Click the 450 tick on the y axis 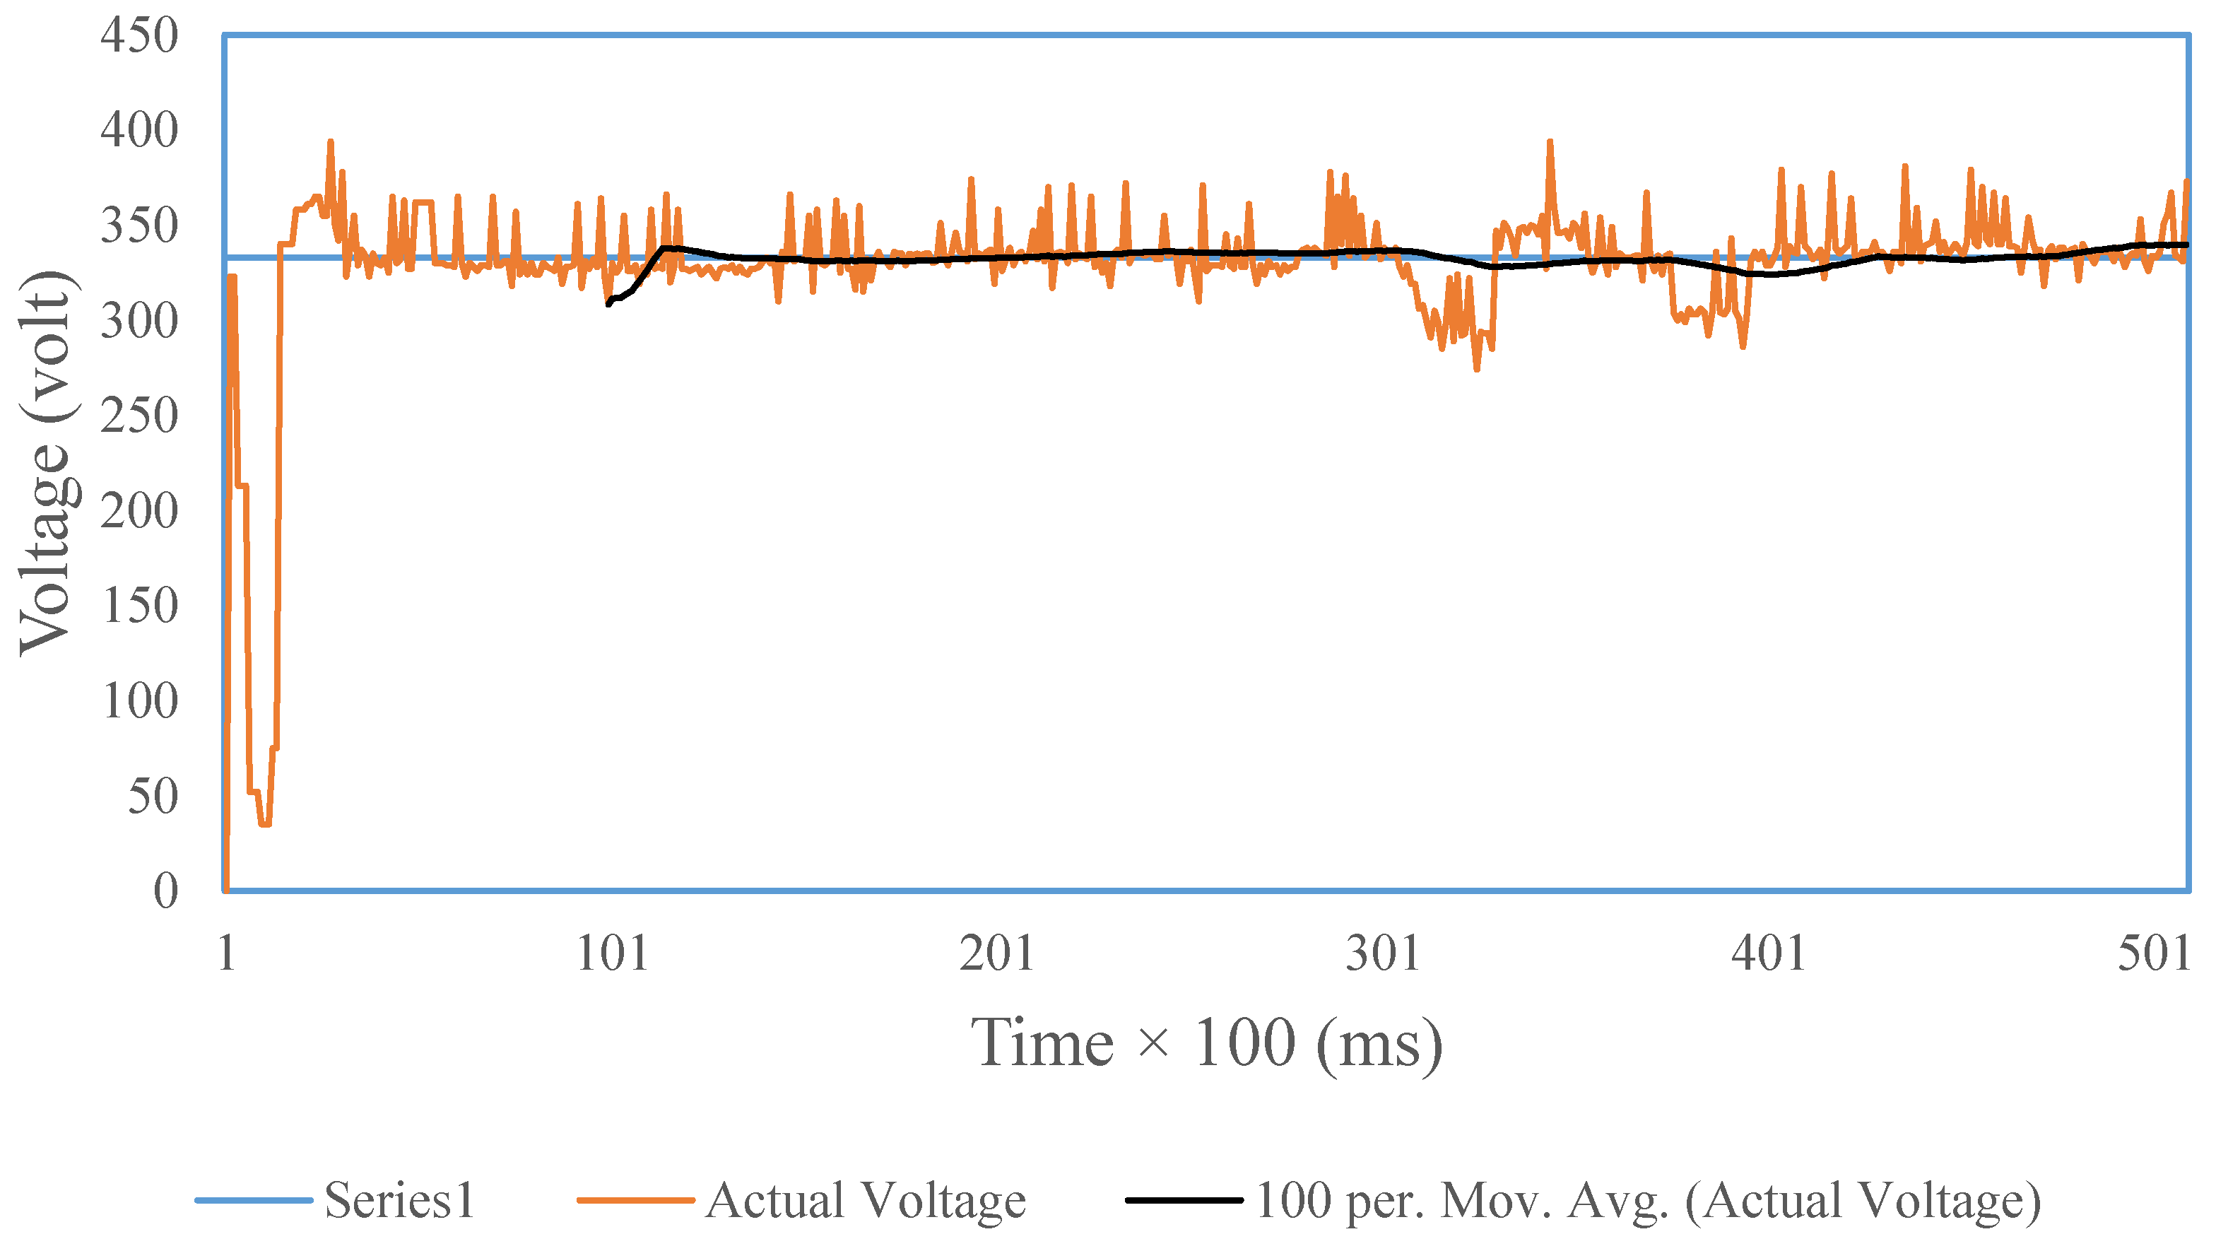tap(139, 36)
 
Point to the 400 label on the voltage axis tap(139, 131)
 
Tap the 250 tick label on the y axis tap(139, 416)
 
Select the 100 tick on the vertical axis tap(139, 701)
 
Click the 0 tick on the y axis tap(165, 891)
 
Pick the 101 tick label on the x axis tap(612, 953)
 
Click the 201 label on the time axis tap(997, 953)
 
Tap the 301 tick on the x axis tap(1382, 953)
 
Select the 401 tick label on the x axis tap(1769, 953)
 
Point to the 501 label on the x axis tap(2153, 953)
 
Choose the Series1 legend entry tap(399, 1200)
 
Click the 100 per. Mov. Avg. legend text tap(1647, 1200)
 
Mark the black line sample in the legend tap(1184, 1200)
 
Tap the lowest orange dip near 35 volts tap(265, 823)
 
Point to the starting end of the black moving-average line tap(609, 304)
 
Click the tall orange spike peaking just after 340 tap(1550, 143)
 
